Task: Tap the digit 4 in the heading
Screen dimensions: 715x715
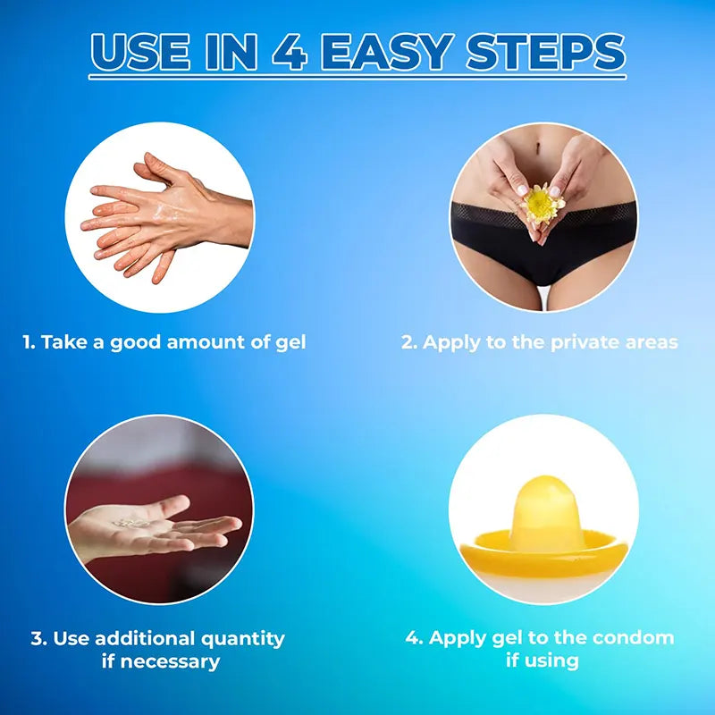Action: [290, 52]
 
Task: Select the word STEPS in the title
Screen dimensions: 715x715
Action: [545, 52]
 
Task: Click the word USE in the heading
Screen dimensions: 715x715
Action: [140, 52]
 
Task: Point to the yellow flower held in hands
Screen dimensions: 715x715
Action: [542, 204]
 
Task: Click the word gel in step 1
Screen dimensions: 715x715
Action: [291, 343]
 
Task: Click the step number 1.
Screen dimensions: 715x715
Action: [29, 342]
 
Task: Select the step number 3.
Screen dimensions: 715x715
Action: [38, 638]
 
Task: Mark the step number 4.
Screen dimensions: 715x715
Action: [414, 637]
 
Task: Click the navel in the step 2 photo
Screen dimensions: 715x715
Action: [538, 147]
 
